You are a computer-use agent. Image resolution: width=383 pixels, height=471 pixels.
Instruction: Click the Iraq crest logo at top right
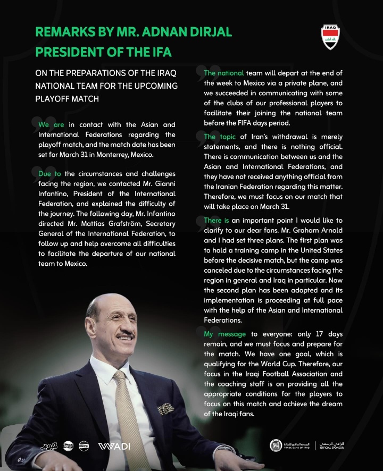331,37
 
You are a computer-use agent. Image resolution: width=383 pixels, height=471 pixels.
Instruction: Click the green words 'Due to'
50,174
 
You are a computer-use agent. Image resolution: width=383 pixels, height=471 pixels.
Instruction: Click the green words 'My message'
225,334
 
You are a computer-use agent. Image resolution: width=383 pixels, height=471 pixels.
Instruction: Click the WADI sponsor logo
114,446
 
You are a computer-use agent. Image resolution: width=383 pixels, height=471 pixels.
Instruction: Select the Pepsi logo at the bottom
84,446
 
